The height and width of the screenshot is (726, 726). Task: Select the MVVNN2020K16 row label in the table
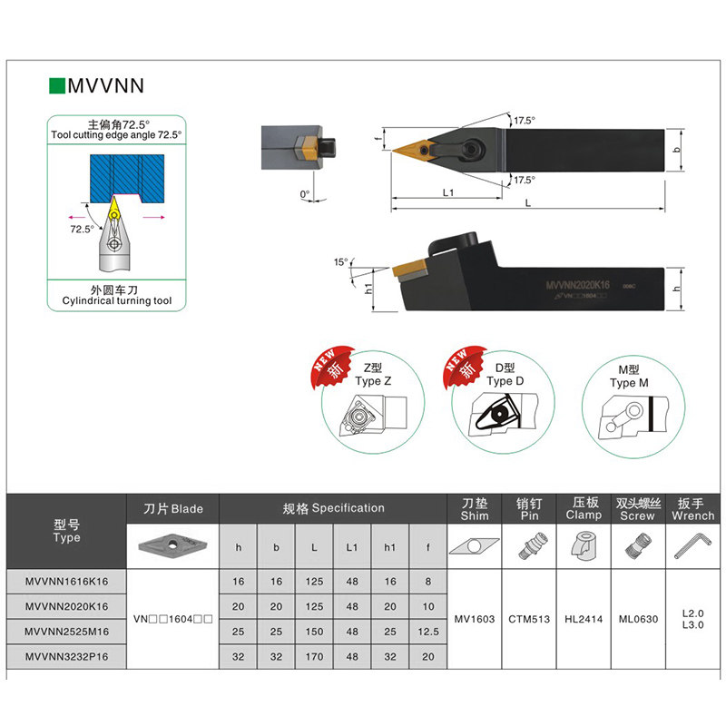[x=66, y=605]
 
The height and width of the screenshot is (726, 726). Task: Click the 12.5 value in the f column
[x=426, y=631]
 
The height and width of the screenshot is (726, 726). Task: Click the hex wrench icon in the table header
[x=692, y=545]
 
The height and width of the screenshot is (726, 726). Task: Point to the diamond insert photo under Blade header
[x=173, y=545]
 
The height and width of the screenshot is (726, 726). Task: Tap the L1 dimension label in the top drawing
[x=447, y=192]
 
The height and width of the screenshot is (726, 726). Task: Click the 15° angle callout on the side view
[x=340, y=262]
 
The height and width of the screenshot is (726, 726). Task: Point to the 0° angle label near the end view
[x=304, y=193]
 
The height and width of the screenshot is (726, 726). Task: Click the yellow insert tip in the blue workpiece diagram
[x=114, y=208]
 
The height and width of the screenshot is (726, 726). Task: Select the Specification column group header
[x=333, y=508]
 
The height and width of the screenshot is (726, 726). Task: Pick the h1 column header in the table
[x=388, y=548]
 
